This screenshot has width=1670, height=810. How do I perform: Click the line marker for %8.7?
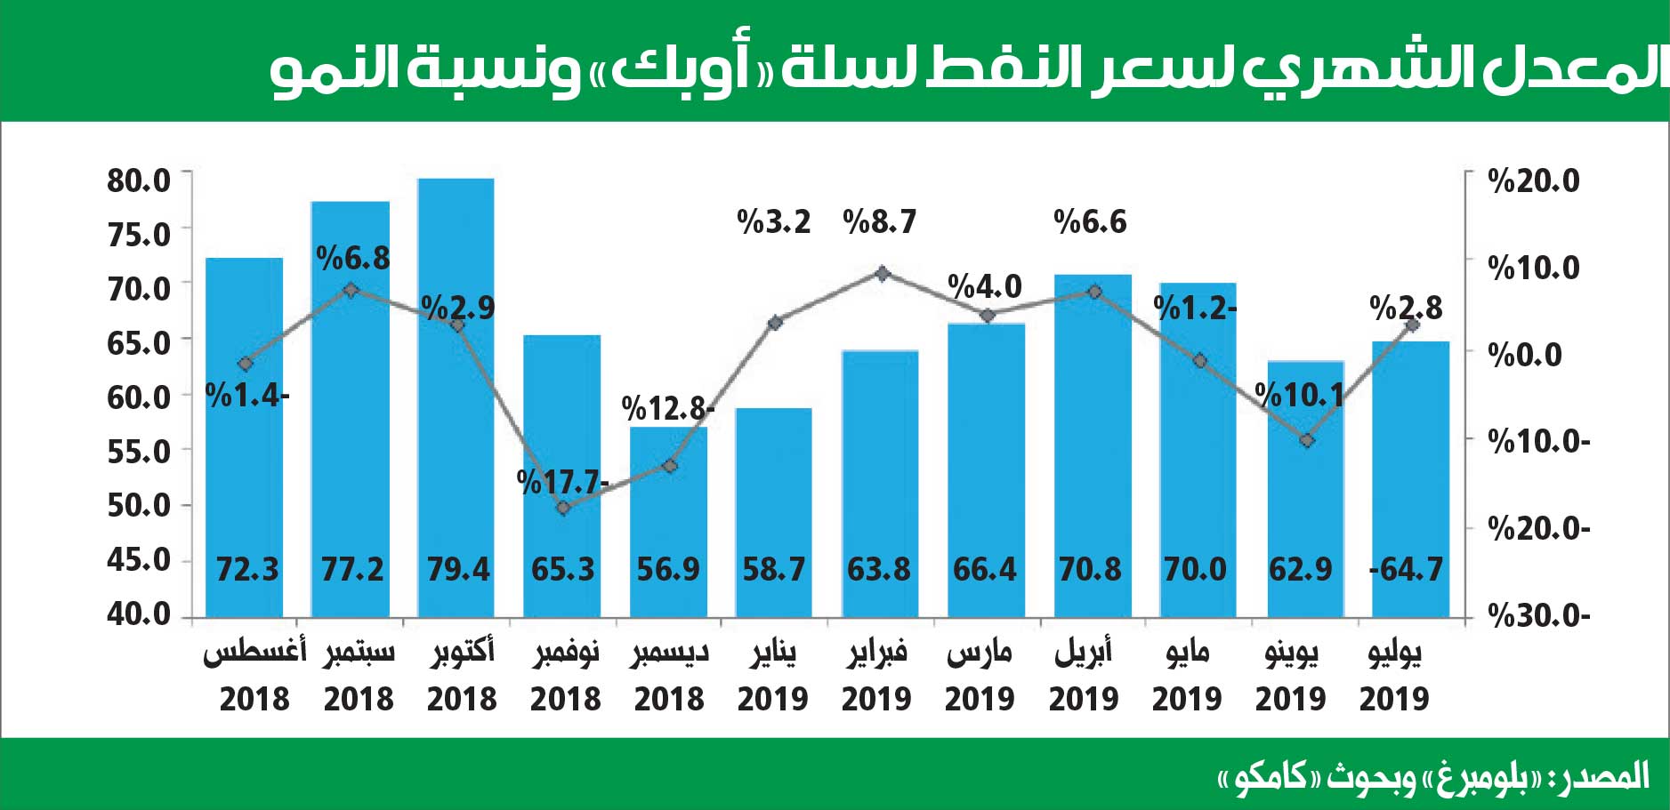[882, 273]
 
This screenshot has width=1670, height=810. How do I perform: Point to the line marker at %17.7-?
[562, 508]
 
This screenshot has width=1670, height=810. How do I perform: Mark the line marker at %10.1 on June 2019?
[1306, 440]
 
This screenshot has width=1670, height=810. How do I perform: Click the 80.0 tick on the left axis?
[139, 180]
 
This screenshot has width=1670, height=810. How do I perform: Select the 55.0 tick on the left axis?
[139, 452]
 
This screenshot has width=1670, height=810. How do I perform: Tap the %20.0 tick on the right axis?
[1534, 180]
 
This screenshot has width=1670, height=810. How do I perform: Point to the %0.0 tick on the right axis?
[1525, 355]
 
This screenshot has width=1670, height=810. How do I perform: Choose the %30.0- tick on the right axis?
[1538, 615]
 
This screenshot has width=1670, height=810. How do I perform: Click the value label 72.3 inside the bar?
[247, 569]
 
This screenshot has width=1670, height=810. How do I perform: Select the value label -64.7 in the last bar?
[1406, 569]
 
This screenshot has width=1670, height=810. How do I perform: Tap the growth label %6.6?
[1090, 221]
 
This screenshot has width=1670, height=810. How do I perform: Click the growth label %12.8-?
[667, 408]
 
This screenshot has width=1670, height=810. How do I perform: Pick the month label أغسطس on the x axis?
[254, 653]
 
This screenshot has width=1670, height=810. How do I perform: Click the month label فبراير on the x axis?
[876, 653]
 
